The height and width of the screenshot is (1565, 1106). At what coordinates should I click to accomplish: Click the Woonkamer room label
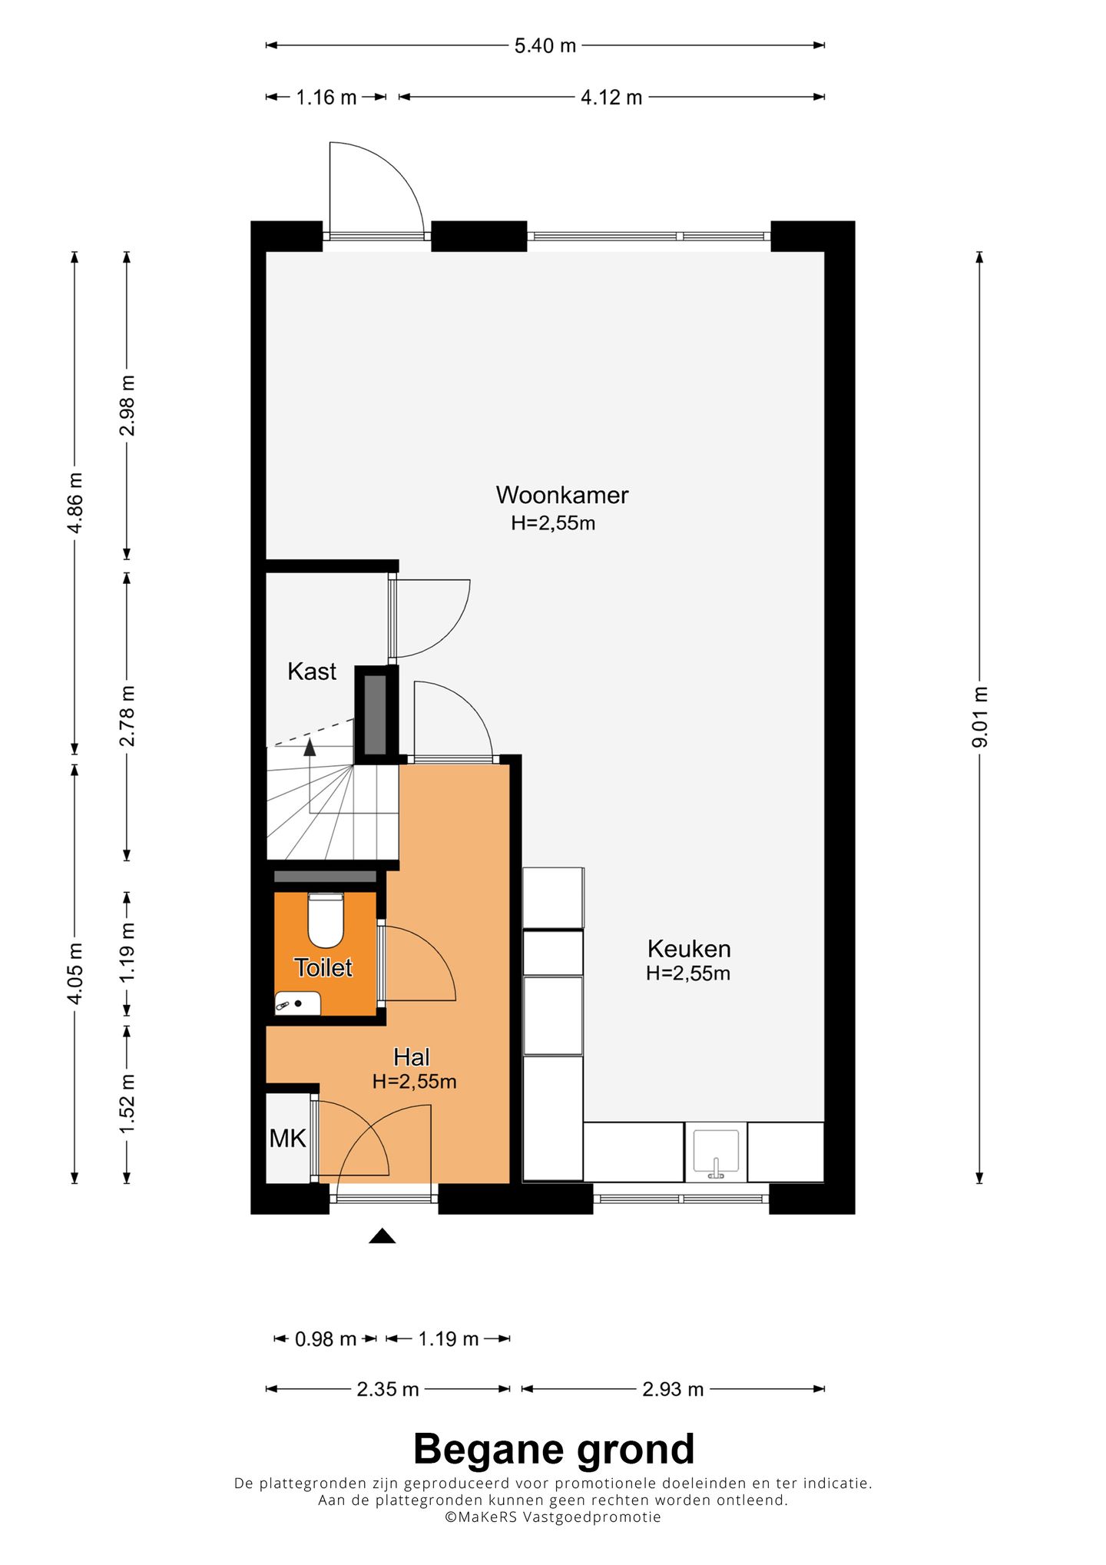562,495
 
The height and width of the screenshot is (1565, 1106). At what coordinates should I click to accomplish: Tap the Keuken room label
689,949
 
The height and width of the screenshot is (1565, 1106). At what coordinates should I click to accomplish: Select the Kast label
312,671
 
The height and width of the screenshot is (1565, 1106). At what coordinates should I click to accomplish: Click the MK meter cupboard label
288,1139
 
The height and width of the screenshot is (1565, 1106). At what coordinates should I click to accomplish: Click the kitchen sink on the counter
715,1152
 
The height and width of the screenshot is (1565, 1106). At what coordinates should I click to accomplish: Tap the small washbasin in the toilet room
298,1003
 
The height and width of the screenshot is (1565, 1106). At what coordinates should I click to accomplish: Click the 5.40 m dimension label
545,46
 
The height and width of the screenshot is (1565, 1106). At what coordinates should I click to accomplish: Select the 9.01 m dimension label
979,717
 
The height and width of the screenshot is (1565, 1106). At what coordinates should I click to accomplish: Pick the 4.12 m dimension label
611,98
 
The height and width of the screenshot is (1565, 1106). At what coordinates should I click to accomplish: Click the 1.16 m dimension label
326,98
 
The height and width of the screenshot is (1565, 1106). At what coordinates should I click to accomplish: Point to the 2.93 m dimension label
673,1389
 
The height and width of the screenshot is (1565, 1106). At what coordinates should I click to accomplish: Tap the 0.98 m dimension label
326,1339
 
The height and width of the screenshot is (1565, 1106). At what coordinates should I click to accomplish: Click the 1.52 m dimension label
127,1102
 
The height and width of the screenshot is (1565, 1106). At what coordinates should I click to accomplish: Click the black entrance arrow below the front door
382,1235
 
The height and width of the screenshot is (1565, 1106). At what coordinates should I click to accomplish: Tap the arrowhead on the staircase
310,744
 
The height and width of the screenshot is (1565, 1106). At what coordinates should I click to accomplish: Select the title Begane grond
554,1450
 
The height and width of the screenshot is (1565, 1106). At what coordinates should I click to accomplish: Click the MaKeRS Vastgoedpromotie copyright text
553,1517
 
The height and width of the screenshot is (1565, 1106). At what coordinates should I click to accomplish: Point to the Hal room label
411,1057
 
